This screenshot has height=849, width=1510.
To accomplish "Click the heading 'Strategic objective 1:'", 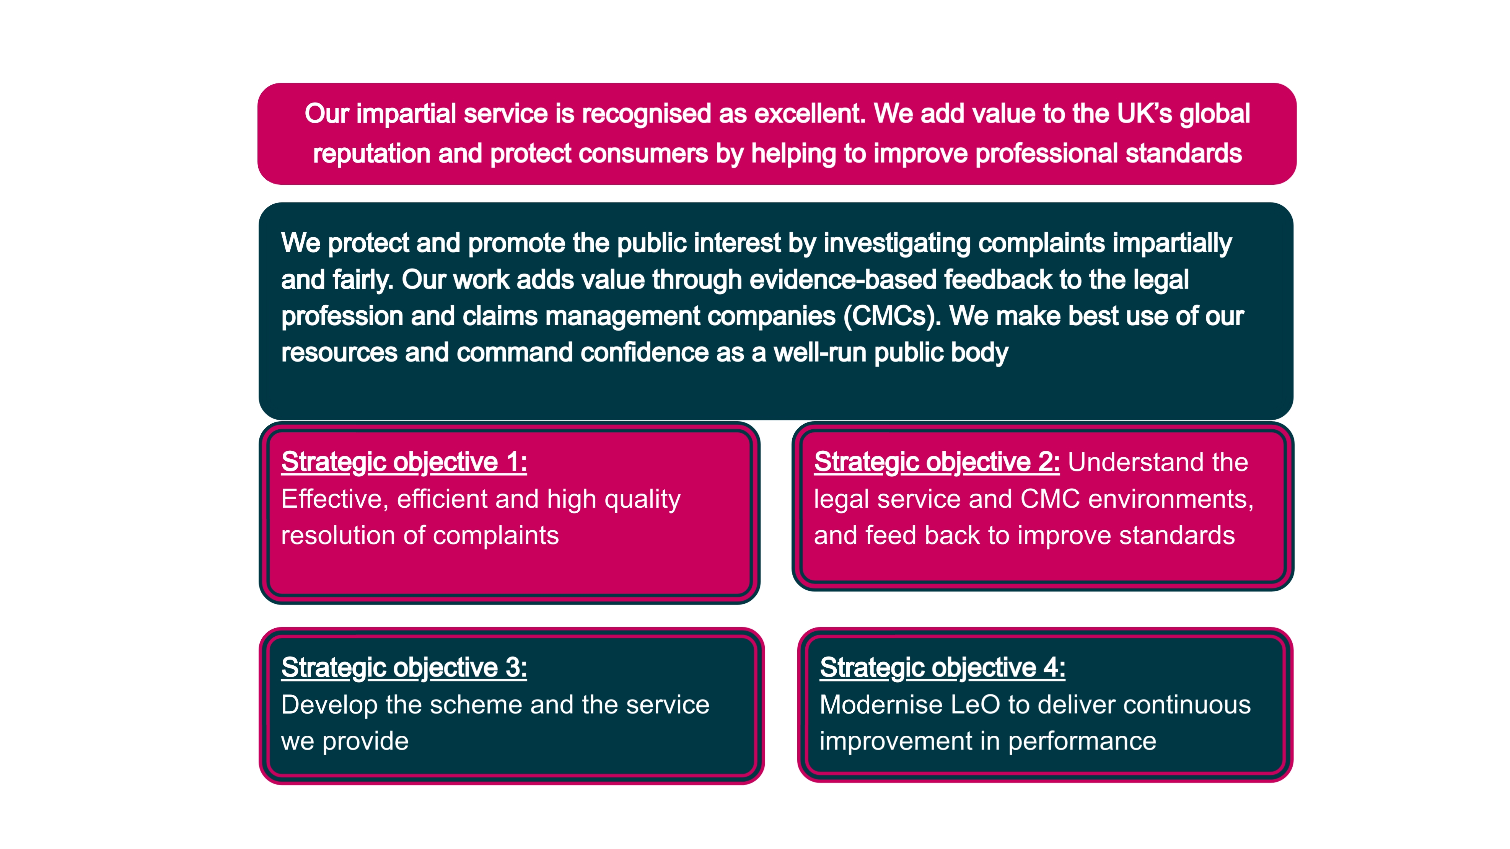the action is click(404, 463).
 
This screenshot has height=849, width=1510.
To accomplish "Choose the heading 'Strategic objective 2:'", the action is click(937, 463).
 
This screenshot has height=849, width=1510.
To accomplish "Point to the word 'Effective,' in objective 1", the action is click(335, 500).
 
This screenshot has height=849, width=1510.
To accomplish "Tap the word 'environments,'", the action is click(1171, 500).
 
